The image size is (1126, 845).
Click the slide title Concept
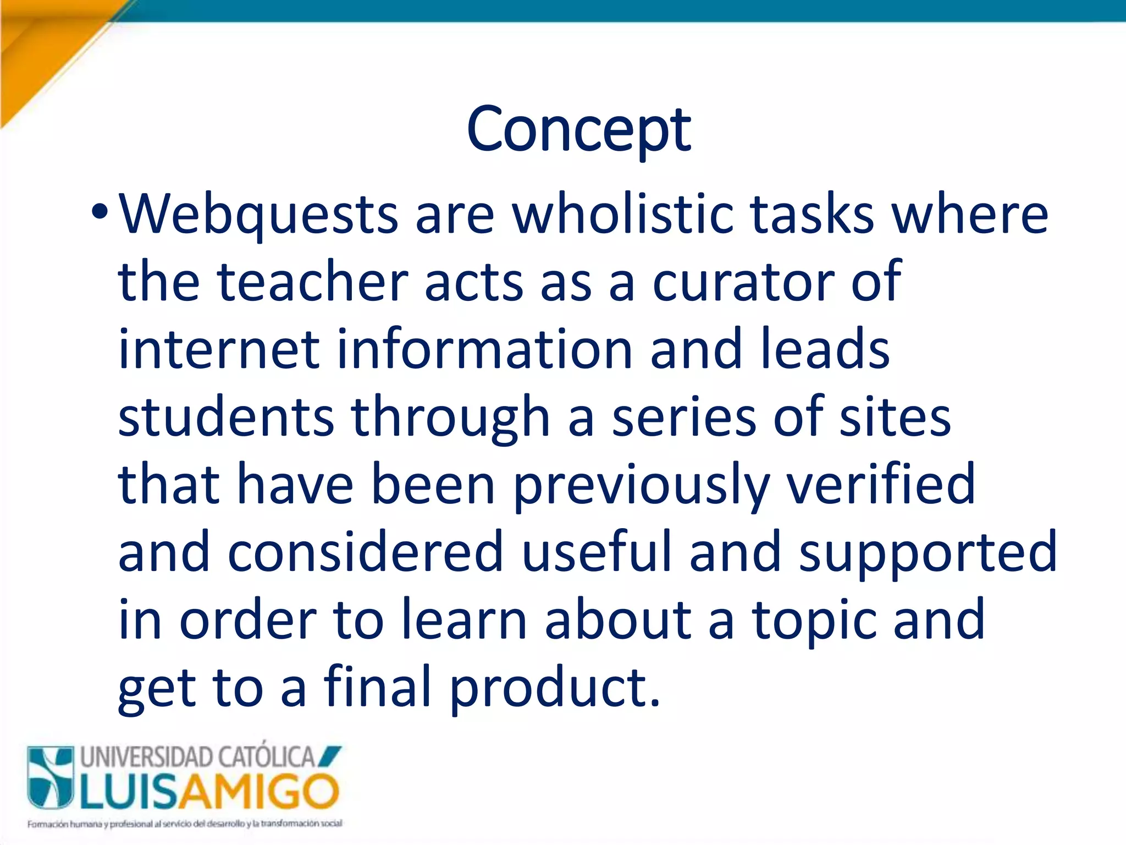click(578, 130)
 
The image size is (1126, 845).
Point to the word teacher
click(312, 282)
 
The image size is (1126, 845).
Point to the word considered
click(366, 552)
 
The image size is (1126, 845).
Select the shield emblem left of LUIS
click(51, 777)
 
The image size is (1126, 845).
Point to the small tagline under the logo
click(185, 824)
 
